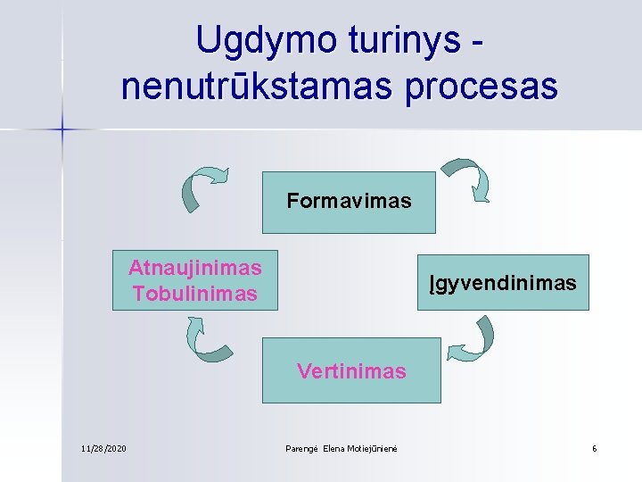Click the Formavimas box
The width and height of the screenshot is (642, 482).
350,201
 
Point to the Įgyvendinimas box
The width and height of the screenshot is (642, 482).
503,283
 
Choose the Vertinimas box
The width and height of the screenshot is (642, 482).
351,370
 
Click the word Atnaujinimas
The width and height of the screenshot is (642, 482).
194,268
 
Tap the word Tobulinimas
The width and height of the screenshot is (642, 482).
194,293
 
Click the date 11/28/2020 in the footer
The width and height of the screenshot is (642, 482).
103,447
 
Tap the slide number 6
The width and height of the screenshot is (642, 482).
594,447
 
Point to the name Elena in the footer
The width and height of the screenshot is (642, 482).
333,447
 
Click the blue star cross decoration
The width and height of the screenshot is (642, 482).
62,130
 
